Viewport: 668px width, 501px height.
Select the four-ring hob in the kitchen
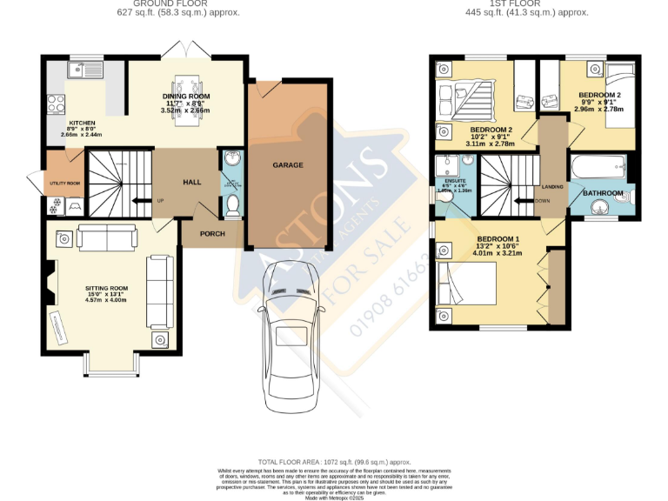tap(55, 104)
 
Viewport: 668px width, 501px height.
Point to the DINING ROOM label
tap(186, 97)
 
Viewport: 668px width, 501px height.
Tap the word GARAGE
tap(288, 164)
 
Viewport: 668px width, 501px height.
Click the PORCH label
tap(212, 233)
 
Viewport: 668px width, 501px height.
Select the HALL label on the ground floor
tap(192, 183)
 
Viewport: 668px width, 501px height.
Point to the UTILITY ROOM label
tap(64, 184)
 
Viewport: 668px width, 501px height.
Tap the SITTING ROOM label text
tap(106, 288)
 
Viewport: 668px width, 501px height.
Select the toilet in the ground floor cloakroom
tap(231, 204)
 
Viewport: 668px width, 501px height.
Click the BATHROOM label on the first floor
tap(602, 192)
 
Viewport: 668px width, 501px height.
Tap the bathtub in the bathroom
tap(598, 165)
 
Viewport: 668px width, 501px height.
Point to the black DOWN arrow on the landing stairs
tap(524, 201)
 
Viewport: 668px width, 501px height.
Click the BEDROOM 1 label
tap(498, 238)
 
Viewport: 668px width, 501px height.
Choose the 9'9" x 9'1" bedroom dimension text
tap(599, 102)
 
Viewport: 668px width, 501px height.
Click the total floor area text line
tap(334, 461)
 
